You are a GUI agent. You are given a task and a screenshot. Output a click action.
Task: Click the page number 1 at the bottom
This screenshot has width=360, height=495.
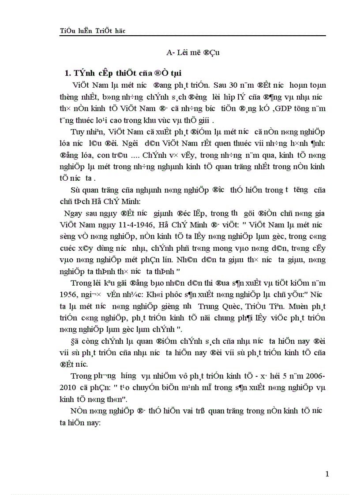click(327, 474)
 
